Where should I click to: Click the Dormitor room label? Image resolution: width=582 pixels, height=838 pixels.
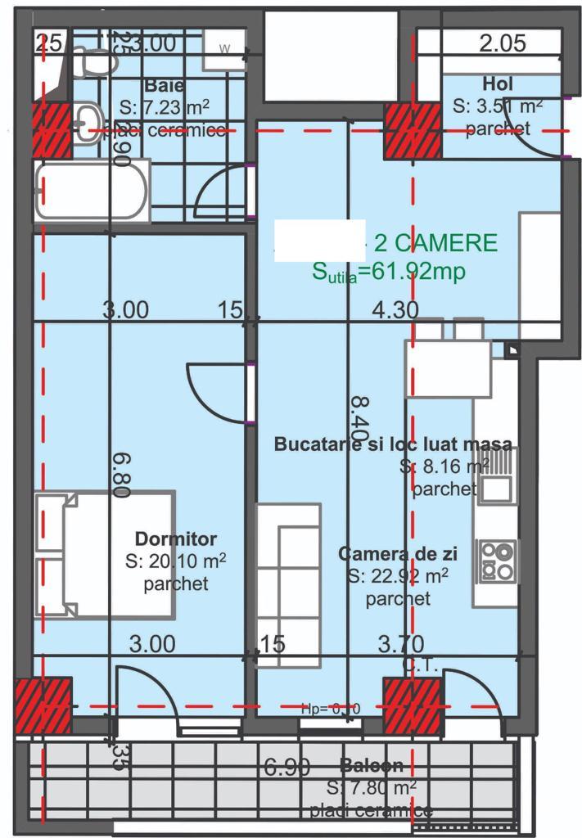176,539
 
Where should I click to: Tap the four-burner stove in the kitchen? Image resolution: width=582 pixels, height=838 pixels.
498,561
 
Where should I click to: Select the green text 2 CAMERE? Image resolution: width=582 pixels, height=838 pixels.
435,243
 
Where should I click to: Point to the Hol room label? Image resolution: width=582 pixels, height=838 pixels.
499,83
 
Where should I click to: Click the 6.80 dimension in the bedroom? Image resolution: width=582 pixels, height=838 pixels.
121,475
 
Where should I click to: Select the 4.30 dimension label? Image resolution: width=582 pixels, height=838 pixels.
395,310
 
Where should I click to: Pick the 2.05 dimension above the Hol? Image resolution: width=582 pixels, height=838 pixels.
503,44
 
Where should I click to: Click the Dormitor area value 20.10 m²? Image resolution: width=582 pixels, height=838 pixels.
176,561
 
